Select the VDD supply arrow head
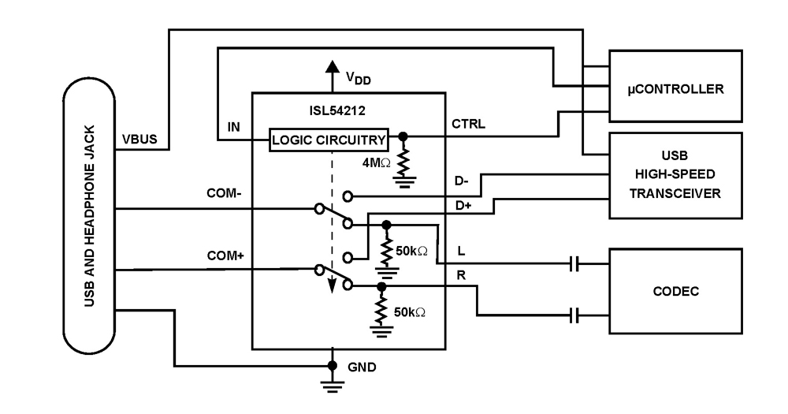click(x=333, y=69)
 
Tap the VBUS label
click(x=139, y=140)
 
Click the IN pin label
click(x=234, y=124)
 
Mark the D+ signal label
click(x=461, y=207)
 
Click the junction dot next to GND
click(x=333, y=367)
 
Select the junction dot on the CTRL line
click(x=403, y=136)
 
